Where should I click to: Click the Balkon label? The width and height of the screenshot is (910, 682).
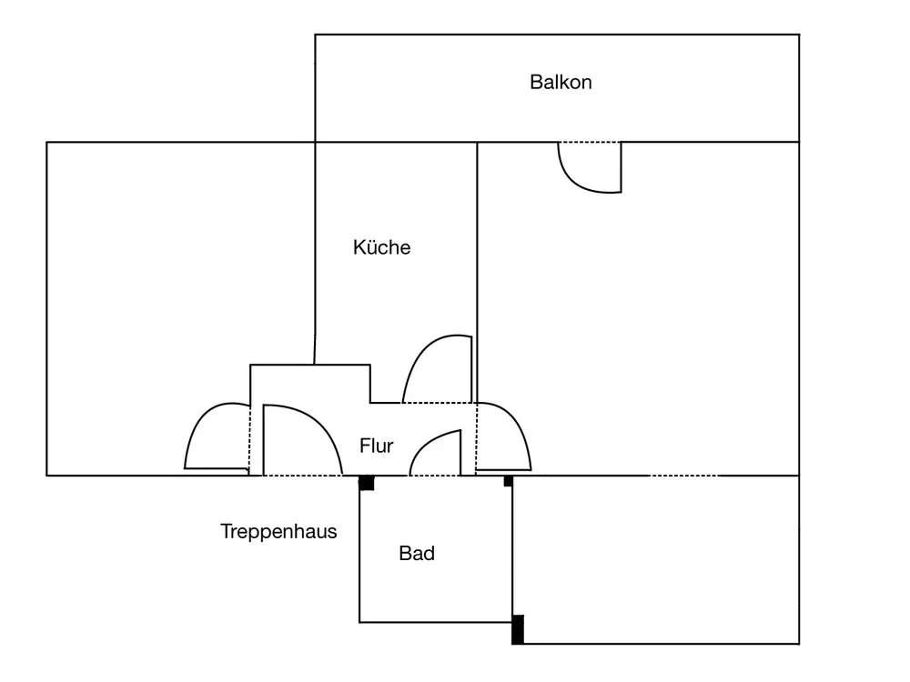coord(561,82)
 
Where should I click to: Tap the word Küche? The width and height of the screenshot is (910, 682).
coord(382,247)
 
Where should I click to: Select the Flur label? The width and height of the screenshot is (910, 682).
coord(376,446)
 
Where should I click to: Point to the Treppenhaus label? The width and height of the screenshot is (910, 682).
coord(278,531)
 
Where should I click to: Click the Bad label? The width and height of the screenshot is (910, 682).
coord(417,553)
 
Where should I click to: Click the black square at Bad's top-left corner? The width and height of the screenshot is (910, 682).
coord(366,483)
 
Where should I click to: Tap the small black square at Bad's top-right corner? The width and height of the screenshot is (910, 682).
coord(509,481)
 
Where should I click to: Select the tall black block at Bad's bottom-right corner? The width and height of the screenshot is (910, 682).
coord(518,629)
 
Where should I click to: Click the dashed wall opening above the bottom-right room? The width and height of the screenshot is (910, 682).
coord(683,476)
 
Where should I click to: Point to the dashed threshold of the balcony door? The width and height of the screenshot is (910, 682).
coord(590,142)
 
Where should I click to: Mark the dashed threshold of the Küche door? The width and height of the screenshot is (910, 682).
coord(437,403)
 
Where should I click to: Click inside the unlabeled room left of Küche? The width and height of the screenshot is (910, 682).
coord(180,278)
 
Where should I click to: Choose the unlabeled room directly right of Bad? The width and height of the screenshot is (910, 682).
coord(656,559)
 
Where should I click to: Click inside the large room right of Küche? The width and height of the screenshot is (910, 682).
coord(639,307)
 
